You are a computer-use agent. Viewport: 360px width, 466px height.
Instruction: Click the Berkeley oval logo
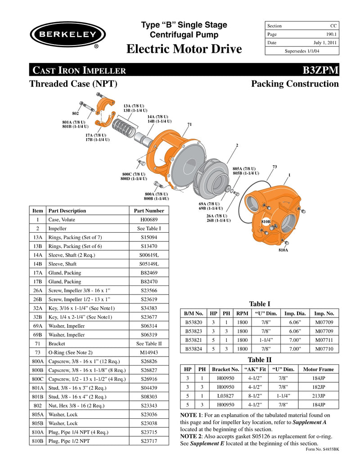pyautogui.click(x=67, y=35)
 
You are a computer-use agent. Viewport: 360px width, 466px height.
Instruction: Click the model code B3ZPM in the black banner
pyautogui.click(x=320, y=71)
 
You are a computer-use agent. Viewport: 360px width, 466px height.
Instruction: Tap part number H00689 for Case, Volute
pyautogui.click(x=149, y=220)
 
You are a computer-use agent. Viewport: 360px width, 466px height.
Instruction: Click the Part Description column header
pyautogui.click(x=67, y=211)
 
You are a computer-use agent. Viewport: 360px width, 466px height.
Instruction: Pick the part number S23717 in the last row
pyautogui.click(x=149, y=441)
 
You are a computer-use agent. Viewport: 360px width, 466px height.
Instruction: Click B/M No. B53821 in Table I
pyautogui.click(x=194, y=340)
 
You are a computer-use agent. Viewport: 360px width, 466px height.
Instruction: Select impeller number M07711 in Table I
pyautogui.click(x=324, y=340)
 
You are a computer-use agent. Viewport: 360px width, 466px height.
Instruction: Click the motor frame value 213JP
pyautogui.click(x=319, y=396)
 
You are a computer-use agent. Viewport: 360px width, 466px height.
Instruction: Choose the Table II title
pyautogui.click(x=260, y=359)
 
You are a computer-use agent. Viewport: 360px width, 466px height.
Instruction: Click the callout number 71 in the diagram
pyautogui.click(x=189, y=124)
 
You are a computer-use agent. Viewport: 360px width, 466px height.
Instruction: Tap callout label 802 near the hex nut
pyautogui.click(x=76, y=113)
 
